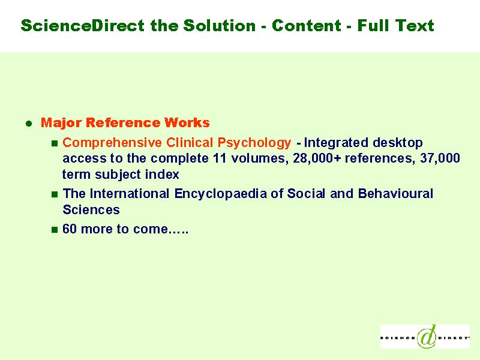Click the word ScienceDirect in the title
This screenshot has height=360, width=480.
83,25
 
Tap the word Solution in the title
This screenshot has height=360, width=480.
220,25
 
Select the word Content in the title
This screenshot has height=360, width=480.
307,25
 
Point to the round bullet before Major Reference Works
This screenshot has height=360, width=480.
29,124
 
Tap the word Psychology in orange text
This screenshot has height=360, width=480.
254,143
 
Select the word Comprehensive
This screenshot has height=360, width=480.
112,143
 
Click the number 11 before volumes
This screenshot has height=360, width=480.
220,158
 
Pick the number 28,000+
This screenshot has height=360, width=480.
317,158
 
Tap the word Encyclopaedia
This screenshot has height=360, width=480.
220,194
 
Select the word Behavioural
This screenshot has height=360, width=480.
395,193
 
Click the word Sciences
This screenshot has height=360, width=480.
91,209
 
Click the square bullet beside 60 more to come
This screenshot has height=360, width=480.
55,230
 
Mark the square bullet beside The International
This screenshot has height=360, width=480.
55,194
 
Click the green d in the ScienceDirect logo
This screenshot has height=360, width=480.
427,337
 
